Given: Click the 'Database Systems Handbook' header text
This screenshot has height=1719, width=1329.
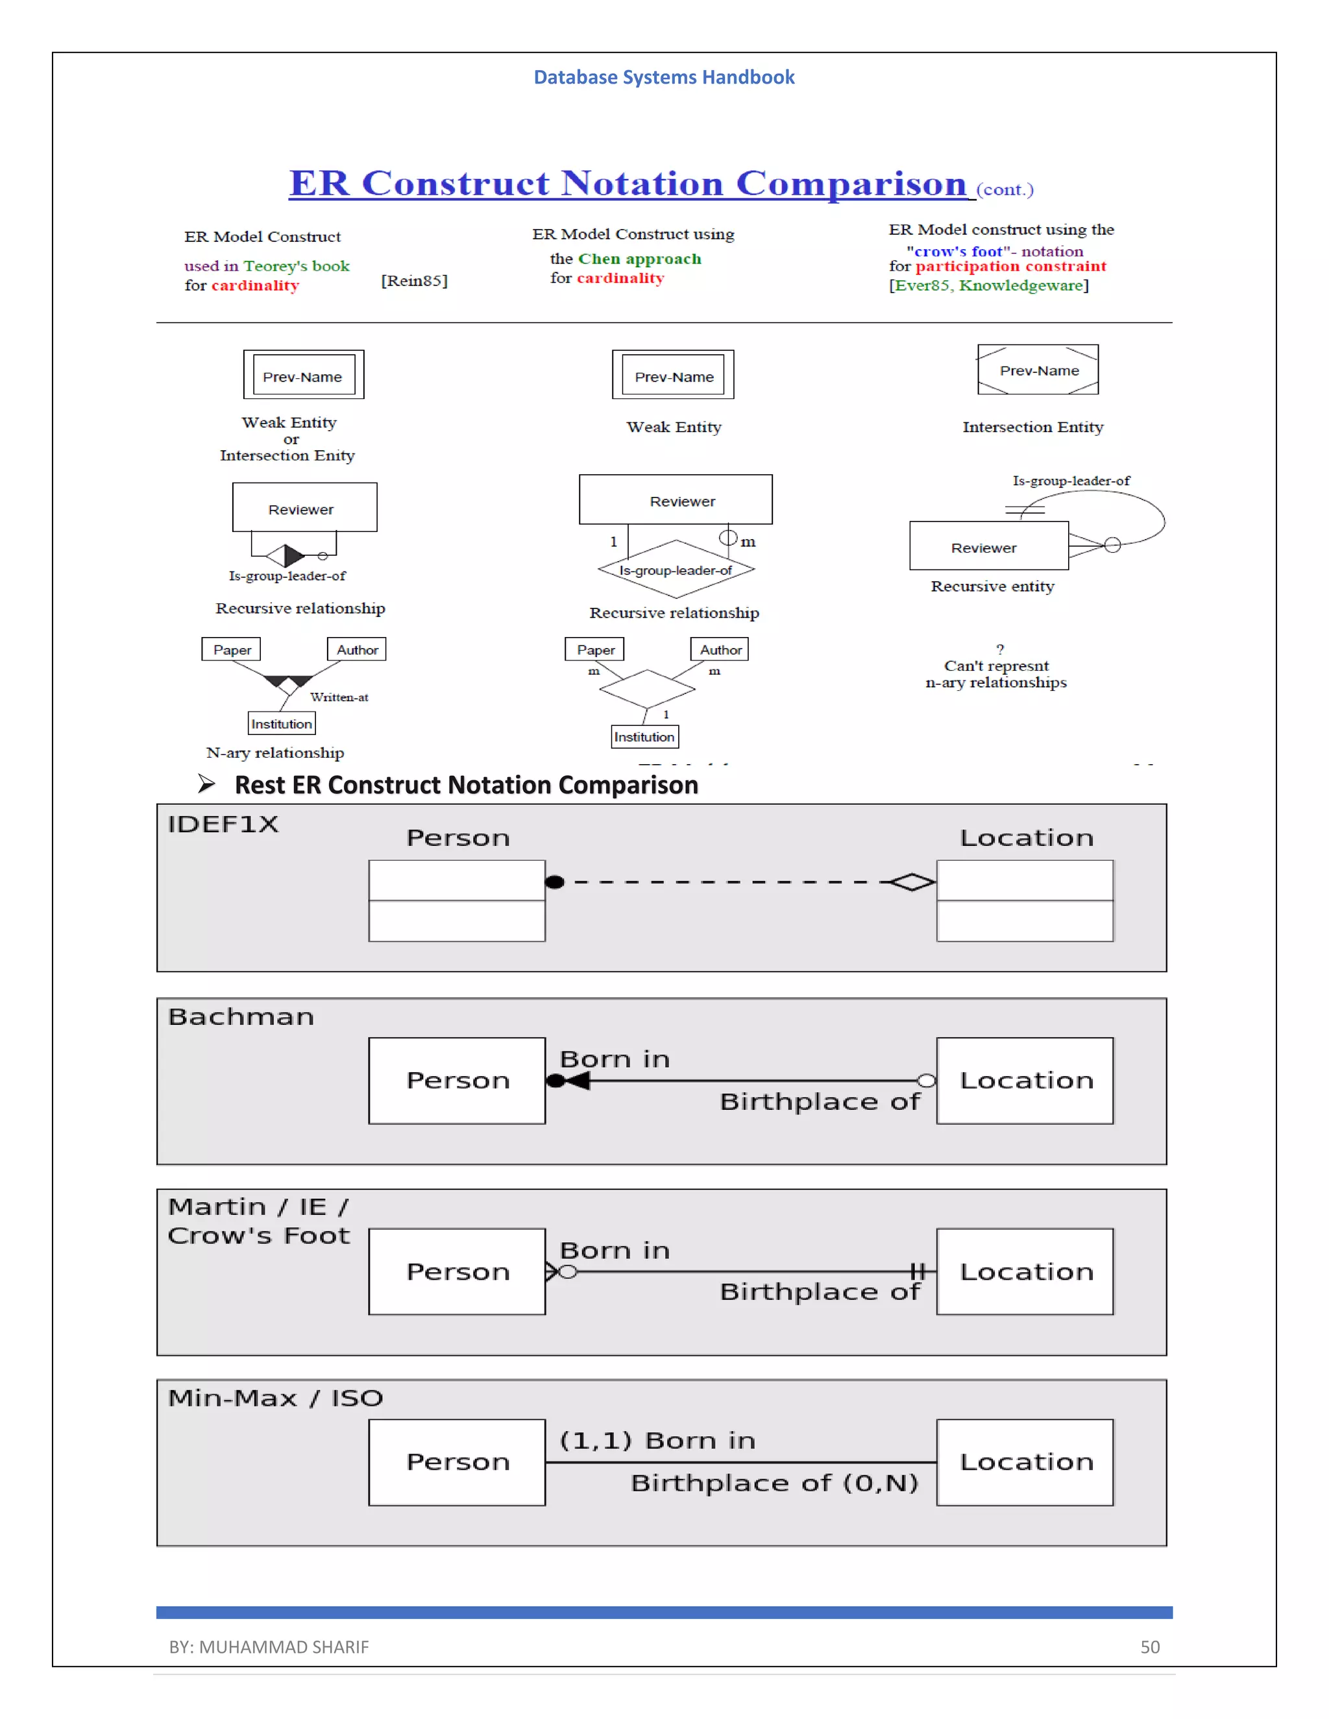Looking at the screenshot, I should point(664,77).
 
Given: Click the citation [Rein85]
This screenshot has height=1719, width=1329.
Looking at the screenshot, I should point(414,281).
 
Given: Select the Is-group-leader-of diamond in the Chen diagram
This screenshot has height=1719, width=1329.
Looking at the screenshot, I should point(676,569).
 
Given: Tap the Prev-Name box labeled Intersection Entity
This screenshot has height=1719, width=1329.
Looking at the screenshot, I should point(1038,370).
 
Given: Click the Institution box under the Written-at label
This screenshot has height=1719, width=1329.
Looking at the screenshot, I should point(281,723).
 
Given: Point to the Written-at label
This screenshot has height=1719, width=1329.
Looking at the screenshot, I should point(339,697).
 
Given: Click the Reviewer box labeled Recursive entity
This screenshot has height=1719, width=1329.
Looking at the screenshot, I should point(988,546).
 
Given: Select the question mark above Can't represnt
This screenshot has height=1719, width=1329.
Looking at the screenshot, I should point(1000,649).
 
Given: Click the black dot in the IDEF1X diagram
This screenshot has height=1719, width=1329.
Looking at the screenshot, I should point(555,882).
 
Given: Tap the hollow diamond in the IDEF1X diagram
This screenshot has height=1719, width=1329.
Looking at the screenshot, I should point(912,882).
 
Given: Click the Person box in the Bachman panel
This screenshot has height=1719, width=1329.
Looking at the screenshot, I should point(457,1080).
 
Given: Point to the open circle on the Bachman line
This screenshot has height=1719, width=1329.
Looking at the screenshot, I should point(927,1081).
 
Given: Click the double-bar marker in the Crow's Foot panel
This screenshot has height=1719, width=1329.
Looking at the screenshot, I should point(917,1271).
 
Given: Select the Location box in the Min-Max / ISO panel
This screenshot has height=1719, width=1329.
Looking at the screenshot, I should point(1025,1462).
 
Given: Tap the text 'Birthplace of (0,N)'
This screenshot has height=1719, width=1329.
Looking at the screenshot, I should point(774,1483).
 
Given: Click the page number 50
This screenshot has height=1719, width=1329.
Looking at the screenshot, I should point(1149,1646).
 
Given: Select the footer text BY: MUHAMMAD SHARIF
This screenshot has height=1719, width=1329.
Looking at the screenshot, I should point(269,1646).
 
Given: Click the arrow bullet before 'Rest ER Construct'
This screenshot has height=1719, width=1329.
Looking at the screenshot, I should point(206,784).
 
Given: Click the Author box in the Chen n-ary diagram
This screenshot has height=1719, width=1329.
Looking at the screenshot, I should point(720,649).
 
